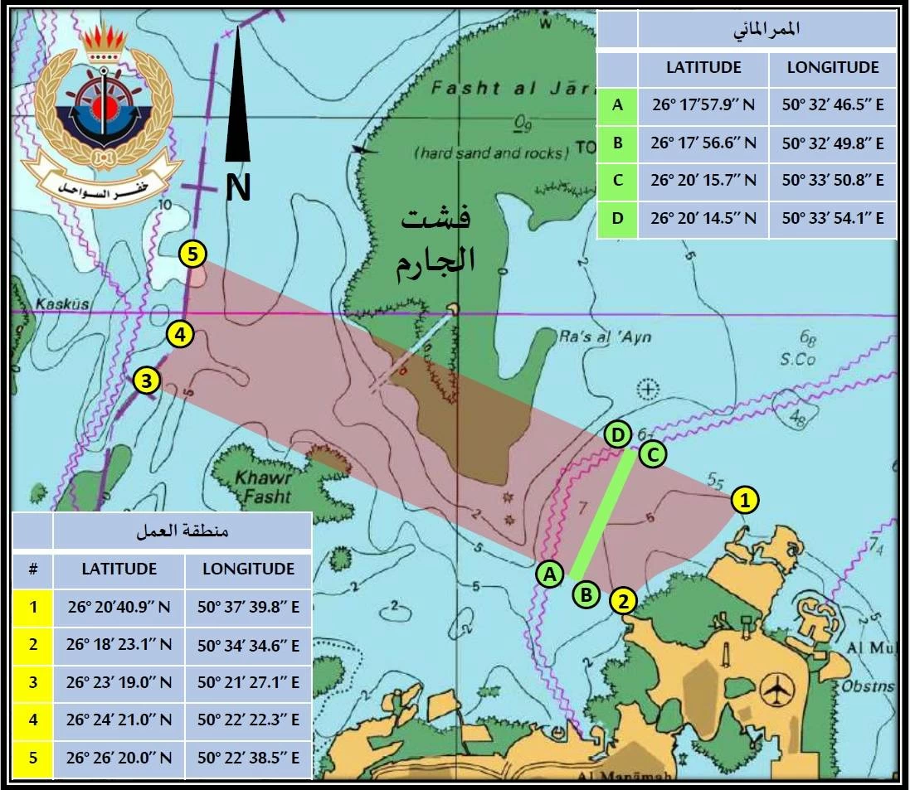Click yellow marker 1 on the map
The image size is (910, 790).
744,500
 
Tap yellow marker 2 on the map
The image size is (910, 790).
623,600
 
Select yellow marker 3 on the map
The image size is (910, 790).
146,380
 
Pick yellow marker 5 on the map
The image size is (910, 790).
192,254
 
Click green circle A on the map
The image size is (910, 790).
549,573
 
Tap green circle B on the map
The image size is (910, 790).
586,594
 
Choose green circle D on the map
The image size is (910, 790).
616,434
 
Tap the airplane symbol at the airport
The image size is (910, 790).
778,687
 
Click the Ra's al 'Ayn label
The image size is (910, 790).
602,337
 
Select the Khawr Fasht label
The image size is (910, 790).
264,487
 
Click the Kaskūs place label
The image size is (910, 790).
62,304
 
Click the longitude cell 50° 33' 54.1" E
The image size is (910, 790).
832,219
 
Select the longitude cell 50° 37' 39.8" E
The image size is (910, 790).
248,607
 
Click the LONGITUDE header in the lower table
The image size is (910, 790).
248,569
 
